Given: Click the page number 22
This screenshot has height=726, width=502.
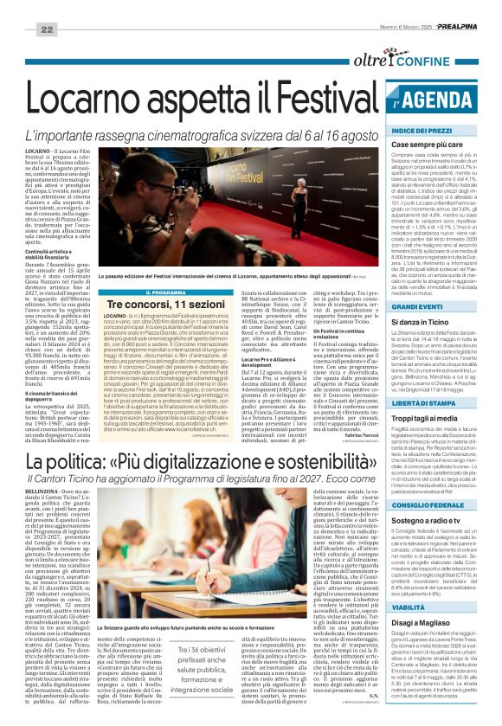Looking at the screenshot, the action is point(46,29).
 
